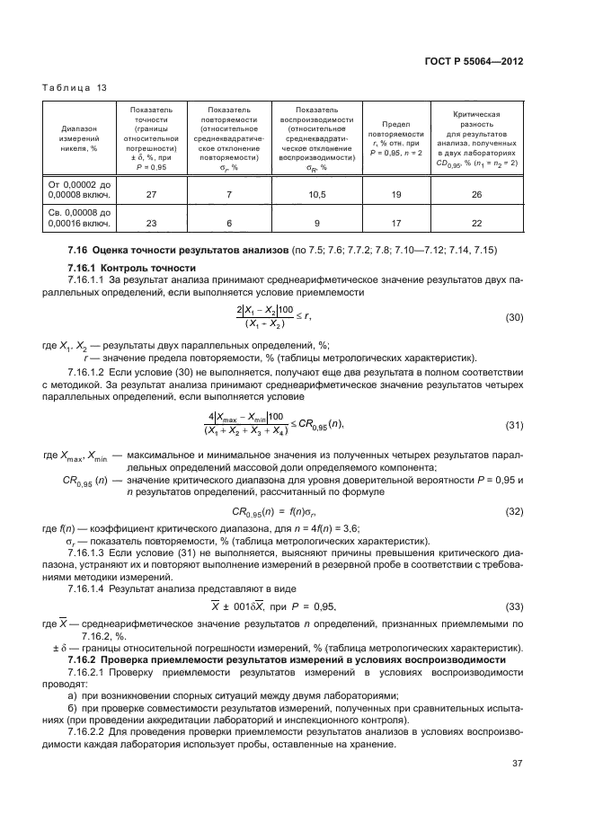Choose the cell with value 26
click(476, 193)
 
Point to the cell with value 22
click(476, 225)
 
